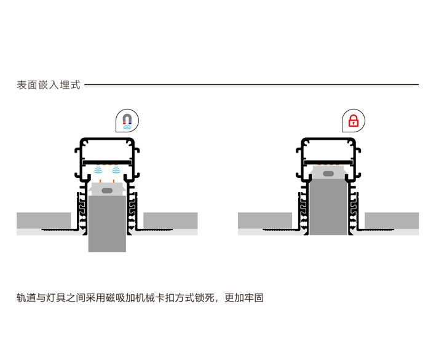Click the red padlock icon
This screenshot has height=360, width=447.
353,121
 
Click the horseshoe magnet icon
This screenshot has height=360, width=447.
127,121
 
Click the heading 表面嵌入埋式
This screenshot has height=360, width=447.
49,85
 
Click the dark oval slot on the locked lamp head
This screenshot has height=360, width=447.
328,174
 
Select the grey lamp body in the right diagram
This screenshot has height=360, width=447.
328,209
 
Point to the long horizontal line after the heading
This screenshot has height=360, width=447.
252,85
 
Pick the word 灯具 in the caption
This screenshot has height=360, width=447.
61,298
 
